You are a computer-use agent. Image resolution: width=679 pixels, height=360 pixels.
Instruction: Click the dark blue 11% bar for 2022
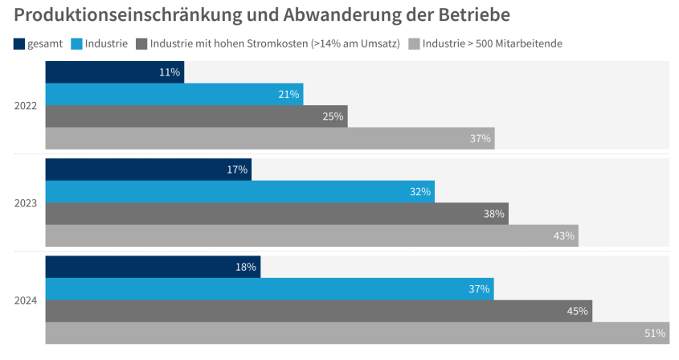coord(114,72)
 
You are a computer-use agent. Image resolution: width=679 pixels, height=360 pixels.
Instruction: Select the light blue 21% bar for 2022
coord(174,94)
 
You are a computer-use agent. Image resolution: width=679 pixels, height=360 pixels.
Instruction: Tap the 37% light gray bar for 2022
coord(269,138)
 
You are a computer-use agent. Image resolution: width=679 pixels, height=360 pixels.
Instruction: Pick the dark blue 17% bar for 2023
coord(148,170)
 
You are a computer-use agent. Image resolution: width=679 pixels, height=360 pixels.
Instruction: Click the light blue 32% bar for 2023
coord(239,191)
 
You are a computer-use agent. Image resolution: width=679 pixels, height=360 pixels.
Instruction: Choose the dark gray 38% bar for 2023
coord(276,214)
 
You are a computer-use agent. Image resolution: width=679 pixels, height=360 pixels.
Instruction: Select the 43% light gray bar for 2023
coord(312,235)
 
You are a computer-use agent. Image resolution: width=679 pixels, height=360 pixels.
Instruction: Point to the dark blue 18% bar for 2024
coord(153,267)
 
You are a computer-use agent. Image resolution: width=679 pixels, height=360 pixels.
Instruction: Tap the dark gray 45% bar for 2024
coord(318,311)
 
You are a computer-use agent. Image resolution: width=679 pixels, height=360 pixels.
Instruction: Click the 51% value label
coord(655,333)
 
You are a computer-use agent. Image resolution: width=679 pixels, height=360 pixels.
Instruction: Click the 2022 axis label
coord(26,105)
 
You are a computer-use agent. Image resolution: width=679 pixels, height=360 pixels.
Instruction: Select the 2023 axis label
coord(26,202)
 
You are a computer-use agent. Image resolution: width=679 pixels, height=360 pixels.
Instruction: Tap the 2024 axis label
coord(26,301)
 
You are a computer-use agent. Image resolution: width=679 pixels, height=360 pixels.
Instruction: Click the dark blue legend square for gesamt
coord(19,43)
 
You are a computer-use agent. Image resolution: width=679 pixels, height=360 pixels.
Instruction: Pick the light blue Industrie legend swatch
coord(77,43)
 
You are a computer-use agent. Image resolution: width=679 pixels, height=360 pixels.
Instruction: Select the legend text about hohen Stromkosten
coord(275,43)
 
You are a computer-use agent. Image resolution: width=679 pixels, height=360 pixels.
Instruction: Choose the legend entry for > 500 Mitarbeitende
coord(492,43)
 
